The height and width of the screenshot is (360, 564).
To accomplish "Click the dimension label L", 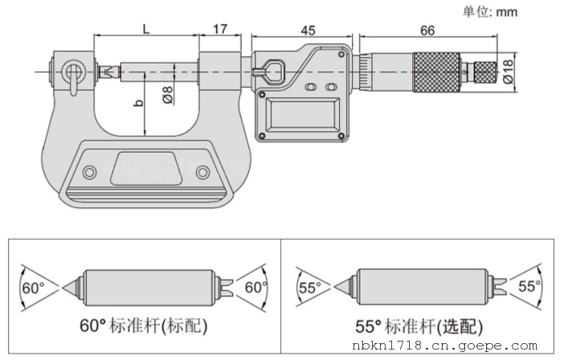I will click(x=145, y=28).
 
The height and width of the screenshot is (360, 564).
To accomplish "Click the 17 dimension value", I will click(x=219, y=28).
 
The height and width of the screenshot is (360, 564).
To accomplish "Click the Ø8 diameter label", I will click(x=168, y=95).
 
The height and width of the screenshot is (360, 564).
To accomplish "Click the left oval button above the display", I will click(x=311, y=86).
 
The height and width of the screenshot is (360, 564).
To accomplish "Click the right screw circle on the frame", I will click(x=202, y=172).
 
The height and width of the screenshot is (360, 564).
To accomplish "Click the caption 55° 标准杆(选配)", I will click(x=424, y=327).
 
